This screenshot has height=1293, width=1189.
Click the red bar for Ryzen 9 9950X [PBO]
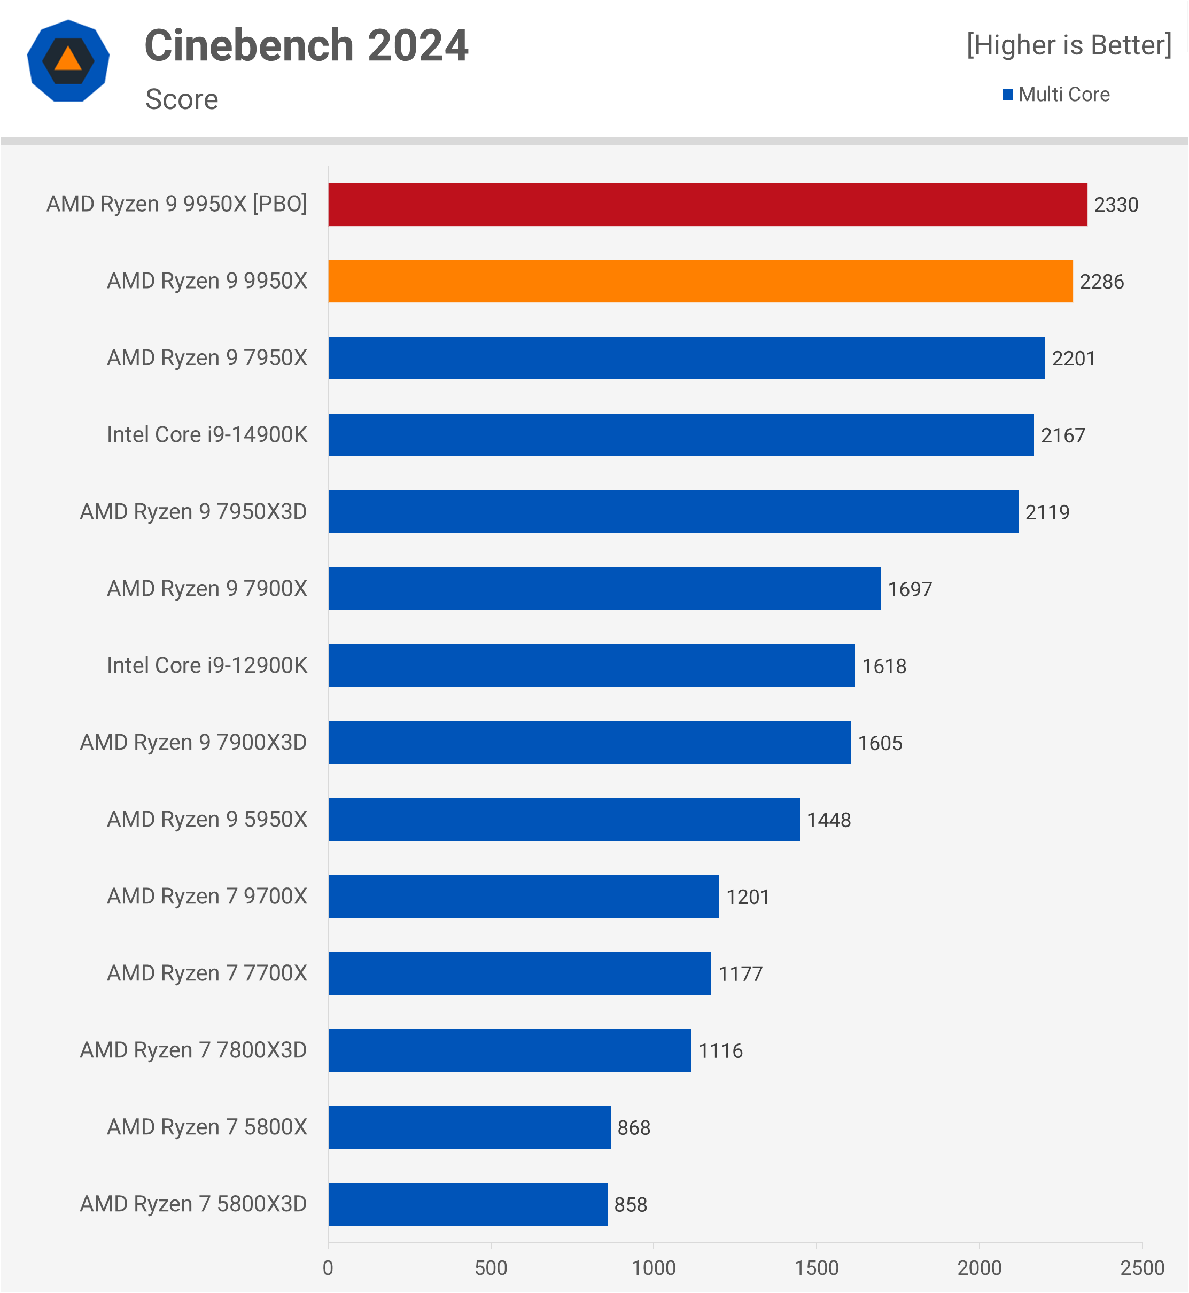(708, 205)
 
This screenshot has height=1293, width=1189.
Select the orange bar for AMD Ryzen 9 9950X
(700, 281)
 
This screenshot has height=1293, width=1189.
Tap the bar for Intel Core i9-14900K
(681, 435)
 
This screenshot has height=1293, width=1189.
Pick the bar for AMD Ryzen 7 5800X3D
(468, 1204)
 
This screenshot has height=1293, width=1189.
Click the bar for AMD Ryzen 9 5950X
(564, 820)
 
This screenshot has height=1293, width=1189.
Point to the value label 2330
(1116, 205)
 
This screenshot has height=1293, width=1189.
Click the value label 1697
(910, 589)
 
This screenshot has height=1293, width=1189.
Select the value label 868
(634, 1128)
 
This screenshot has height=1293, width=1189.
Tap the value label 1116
(720, 1051)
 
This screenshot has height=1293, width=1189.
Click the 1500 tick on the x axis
(817, 1268)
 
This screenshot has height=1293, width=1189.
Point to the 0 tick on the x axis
(328, 1268)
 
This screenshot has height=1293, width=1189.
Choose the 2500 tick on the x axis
(1142, 1268)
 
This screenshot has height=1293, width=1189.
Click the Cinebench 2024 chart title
(306, 45)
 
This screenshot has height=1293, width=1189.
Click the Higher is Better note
(1069, 45)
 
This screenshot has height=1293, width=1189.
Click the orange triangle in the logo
(68, 59)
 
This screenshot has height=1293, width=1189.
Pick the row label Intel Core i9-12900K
(207, 665)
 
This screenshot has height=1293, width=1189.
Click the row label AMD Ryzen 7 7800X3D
(193, 1050)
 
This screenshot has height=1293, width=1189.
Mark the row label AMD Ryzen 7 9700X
(207, 896)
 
